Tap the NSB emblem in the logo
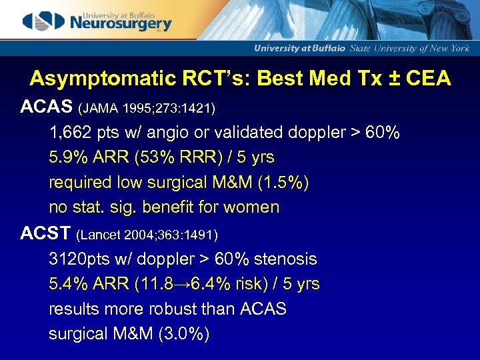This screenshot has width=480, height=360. coord(43,21)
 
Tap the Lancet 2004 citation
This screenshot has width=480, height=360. coord(147,235)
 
